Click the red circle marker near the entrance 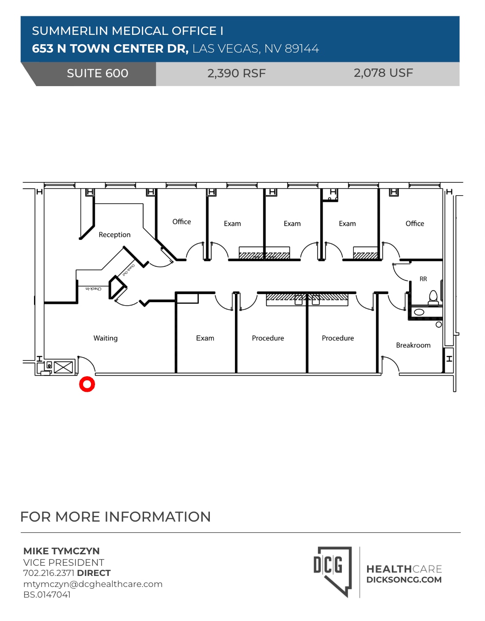(87, 384)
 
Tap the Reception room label (114, 235)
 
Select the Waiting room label (106, 338)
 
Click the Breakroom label (413, 345)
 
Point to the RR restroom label (423, 279)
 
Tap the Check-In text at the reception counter (93, 289)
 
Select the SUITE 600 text (98, 73)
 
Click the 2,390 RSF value (236, 73)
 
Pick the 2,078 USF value (383, 73)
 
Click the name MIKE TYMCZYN (61, 551)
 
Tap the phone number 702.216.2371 (49, 573)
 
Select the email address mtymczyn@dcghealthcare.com (93, 584)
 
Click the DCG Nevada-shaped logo (333, 571)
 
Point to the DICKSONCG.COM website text (404, 580)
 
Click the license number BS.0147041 (47, 594)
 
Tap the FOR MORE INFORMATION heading (115, 517)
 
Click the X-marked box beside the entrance (63, 367)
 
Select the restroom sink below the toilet (419, 312)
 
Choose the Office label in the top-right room (415, 223)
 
